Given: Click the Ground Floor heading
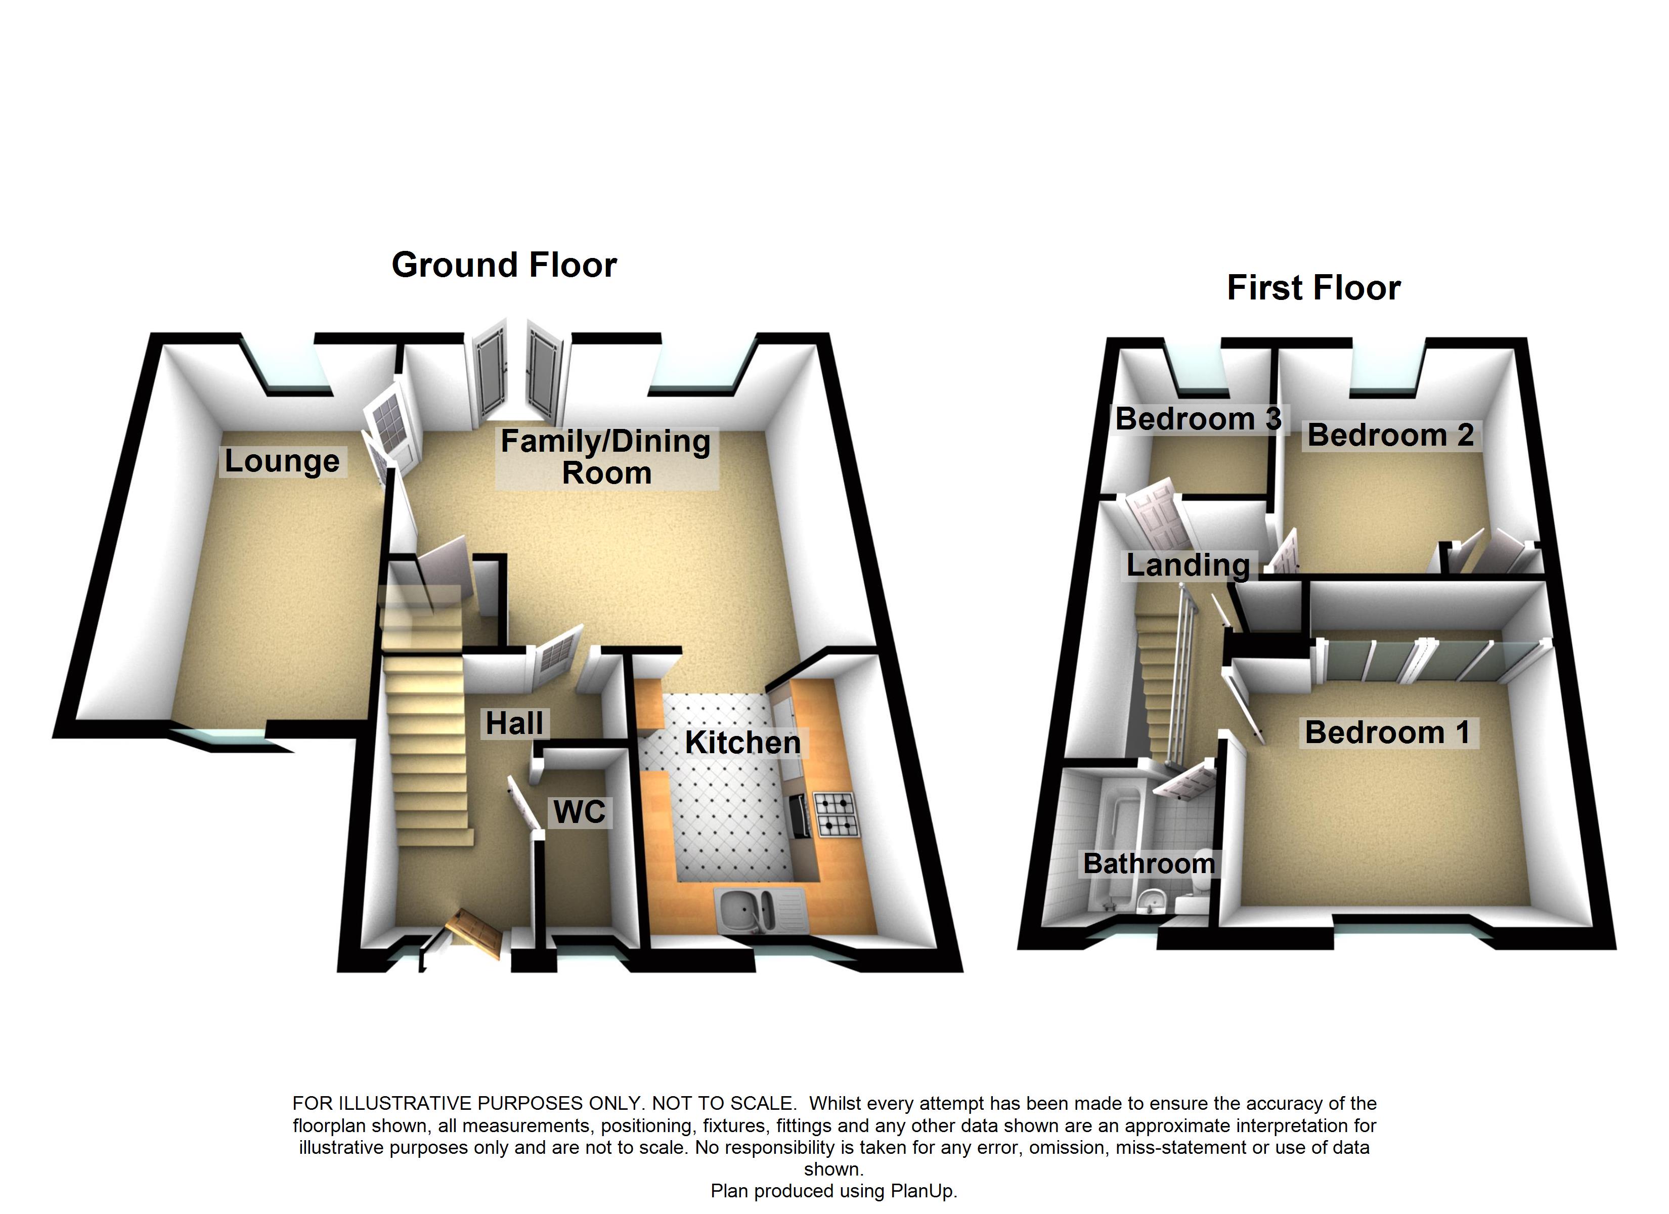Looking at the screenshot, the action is click(x=504, y=265).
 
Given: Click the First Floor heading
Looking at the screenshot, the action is click(x=1313, y=288).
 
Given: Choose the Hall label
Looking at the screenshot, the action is click(x=514, y=724).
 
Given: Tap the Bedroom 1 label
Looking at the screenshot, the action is click(x=1387, y=732).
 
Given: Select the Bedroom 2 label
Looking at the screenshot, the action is click(x=1390, y=435).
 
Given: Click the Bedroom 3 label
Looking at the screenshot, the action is click(x=1199, y=419).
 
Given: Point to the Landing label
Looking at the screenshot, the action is click(x=1188, y=565).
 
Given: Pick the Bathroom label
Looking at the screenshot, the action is click(x=1149, y=863).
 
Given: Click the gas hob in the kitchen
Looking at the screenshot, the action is click(x=837, y=815).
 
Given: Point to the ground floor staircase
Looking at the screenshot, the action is click(x=427, y=751).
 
